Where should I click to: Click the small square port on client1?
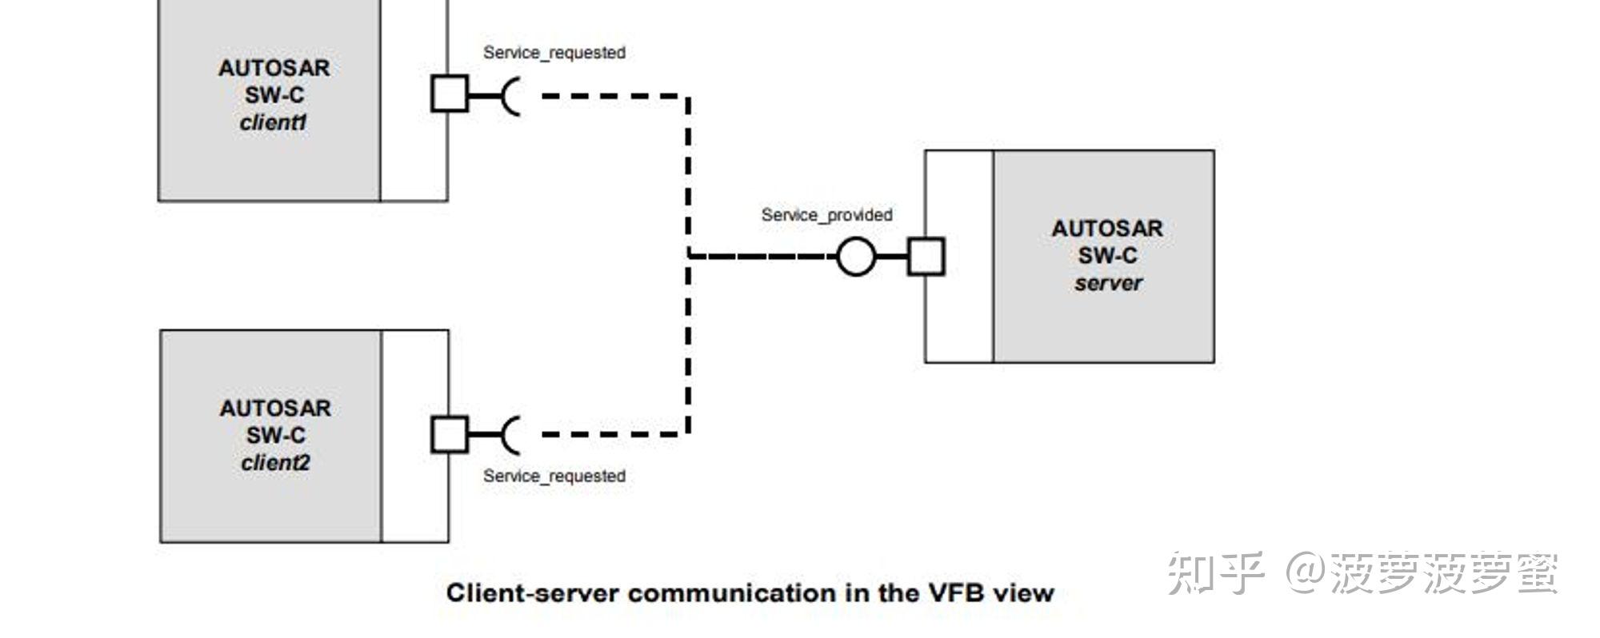point(449,94)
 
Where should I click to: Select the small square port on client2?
point(449,434)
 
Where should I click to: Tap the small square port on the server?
point(926,257)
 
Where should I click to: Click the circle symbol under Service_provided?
point(855,257)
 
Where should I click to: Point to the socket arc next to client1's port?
point(510,96)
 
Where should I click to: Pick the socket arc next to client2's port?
point(510,435)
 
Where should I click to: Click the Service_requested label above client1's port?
point(554,53)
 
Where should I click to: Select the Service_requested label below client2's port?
point(554,477)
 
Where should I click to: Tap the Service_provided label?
point(826,215)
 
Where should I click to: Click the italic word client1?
point(273,123)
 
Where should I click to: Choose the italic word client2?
point(274,463)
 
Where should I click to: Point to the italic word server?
point(1107,284)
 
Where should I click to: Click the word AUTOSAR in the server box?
point(1106,229)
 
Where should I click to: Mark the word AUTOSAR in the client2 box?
point(274,409)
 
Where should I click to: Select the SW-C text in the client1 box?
point(274,95)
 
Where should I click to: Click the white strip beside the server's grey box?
point(958,257)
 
